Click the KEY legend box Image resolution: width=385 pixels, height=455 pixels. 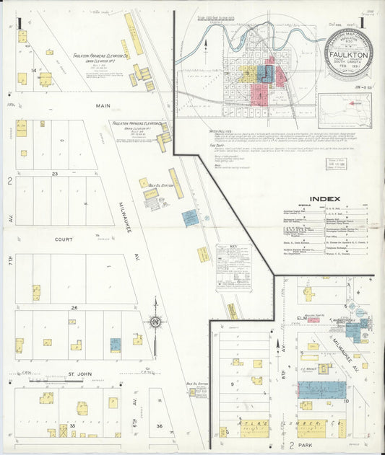point(233,267)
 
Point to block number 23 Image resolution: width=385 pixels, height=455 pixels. point(54,174)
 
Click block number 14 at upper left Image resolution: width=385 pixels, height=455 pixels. point(33,69)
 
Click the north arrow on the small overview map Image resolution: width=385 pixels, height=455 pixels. point(206,45)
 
